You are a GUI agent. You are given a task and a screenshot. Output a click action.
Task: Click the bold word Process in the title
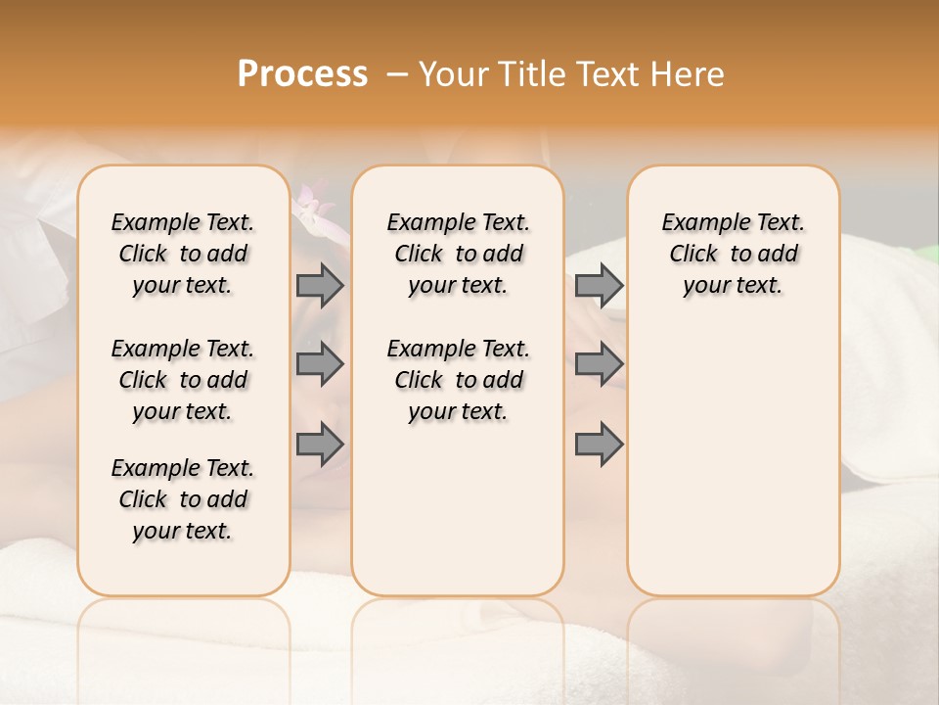click(302, 74)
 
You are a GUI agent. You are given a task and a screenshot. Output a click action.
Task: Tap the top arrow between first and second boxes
click(320, 285)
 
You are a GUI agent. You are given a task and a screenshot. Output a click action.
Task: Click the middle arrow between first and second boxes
click(320, 364)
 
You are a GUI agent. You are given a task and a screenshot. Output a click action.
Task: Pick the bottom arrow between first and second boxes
click(320, 444)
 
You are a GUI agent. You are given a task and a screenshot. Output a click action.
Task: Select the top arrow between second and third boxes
click(599, 285)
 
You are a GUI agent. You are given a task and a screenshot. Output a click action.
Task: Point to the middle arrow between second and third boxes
click(599, 364)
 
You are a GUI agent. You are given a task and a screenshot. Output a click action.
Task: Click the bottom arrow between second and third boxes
click(599, 444)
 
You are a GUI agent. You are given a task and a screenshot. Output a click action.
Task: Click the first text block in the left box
click(183, 254)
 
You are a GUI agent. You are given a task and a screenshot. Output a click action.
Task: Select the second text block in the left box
click(183, 380)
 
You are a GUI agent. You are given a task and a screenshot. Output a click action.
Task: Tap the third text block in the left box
click(183, 499)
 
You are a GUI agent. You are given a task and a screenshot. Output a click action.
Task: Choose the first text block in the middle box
click(458, 254)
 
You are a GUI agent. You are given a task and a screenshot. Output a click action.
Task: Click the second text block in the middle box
click(458, 380)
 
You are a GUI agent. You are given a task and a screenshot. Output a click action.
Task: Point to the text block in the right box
click(734, 254)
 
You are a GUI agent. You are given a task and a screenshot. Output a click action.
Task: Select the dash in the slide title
click(396, 74)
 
